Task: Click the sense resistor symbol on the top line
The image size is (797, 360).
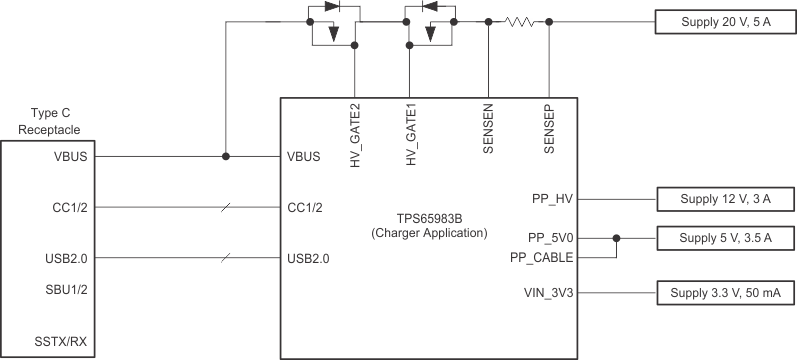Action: click(520, 21)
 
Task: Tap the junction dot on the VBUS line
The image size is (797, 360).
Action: click(226, 156)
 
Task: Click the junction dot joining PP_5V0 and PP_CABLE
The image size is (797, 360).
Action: click(616, 238)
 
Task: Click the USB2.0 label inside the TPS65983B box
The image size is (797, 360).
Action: click(308, 258)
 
